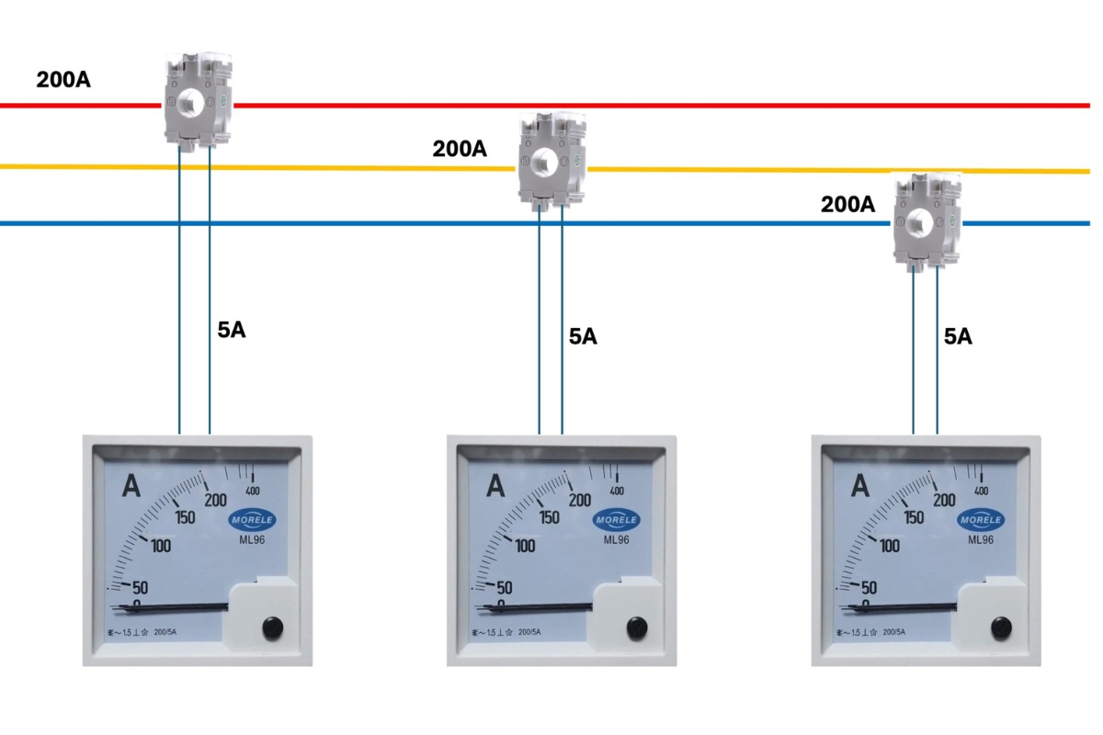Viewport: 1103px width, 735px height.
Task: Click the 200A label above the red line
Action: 63,80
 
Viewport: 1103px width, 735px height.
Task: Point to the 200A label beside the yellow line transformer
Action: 460,149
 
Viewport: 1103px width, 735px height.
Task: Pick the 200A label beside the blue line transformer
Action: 847,205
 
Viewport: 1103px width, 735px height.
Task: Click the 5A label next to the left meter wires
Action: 232,331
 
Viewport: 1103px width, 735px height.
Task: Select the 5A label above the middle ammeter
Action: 583,336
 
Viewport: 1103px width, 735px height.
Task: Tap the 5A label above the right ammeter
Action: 958,336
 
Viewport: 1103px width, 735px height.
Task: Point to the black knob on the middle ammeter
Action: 635,628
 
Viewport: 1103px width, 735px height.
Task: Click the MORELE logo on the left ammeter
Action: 253,519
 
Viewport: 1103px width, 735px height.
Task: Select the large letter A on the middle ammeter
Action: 496,484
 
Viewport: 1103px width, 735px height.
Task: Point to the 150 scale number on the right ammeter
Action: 914,517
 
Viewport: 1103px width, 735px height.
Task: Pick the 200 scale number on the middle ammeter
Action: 579,500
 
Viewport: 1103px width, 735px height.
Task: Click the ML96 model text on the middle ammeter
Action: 616,539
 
